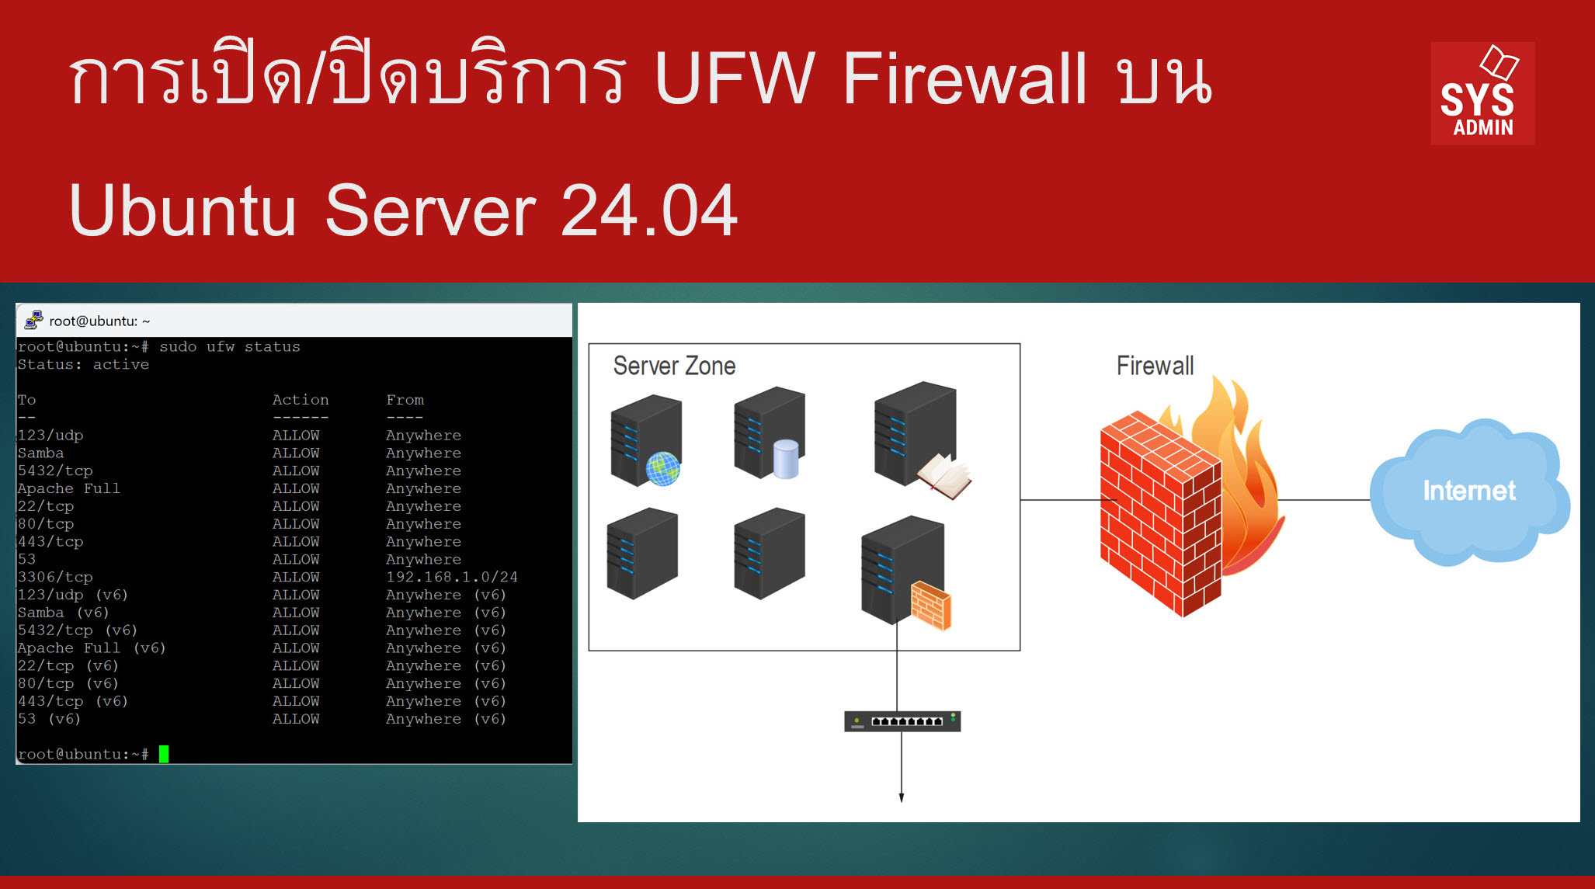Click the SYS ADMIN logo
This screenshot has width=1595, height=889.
click(x=1482, y=93)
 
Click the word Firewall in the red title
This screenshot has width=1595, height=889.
click(x=964, y=78)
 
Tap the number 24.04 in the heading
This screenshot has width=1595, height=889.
click(x=648, y=210)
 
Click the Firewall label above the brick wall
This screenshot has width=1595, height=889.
click(x=1155, y=366)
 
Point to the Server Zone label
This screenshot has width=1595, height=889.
click(x=674, y=366)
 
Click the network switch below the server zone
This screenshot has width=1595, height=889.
click(x=902, y=721)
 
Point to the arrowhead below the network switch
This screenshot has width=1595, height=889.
click(x=902, y=797)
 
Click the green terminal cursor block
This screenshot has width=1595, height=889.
click(x=164, y=754)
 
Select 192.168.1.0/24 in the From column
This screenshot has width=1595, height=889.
click(x=451, y=577)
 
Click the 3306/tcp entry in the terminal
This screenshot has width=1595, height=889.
click(x=55, y=577)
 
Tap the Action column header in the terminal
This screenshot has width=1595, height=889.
click(x=301, y=400)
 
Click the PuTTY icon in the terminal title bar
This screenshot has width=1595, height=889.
click(x=33, y=320)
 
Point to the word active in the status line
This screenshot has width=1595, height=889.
click(x=121, y=364)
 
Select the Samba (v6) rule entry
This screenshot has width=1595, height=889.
click(x=63, y=613)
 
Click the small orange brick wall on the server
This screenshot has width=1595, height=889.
click(x=930, y=606)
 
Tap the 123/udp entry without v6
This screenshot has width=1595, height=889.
click(x=50, y=436)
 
